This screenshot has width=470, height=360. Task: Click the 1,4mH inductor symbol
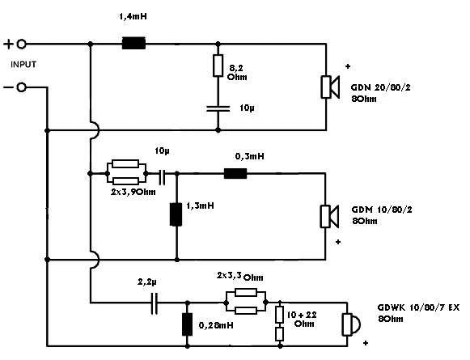[x=133, y=43]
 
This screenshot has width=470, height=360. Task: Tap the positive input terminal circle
[x=21, y=44]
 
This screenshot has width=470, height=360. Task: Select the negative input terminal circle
[x=21, y=87]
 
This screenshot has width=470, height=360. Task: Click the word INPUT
[x=23, y=65]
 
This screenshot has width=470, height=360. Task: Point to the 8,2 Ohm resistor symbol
[x=218, y=66]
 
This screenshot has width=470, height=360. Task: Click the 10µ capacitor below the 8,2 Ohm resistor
[x=218, y=108]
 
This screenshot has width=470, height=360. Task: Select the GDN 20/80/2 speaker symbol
[x=330, y=87]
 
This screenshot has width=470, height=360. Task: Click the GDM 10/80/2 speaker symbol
[x=330, y=217]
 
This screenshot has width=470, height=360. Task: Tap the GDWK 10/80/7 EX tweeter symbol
[x=351, y=324]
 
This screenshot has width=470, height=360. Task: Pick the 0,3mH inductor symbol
[x=235, y=173]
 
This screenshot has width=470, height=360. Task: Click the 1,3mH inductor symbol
[x=176, y=214]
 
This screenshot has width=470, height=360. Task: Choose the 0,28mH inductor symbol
[x=188, y=324]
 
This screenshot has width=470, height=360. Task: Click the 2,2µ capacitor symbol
[x=154, y=303]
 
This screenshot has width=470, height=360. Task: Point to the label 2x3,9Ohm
[x=133, y=192]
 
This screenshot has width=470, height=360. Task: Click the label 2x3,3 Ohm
[x=240, y=277]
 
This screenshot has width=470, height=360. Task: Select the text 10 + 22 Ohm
[x=302, y=320]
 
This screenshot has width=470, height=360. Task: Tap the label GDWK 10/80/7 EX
[x=418, y=307]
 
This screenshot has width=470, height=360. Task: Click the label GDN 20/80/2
[x=381, y=87]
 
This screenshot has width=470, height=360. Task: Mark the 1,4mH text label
[x=133, y=16]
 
